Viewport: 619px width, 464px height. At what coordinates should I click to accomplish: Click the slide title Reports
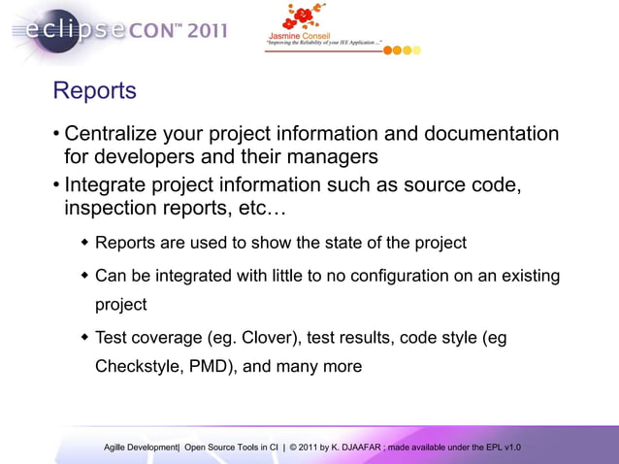(94, 91)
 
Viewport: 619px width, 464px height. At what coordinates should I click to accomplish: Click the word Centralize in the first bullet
(115, 133)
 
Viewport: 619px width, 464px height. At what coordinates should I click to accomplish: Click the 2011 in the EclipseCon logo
(206, 30)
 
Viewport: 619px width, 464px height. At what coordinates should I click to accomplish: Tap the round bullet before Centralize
(57, 133)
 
